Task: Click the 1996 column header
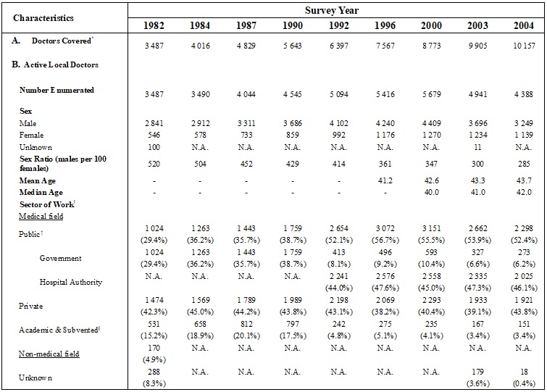click(x=385, y=25)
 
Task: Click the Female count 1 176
click(x=385, y=135)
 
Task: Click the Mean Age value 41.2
click(x=385, y=181)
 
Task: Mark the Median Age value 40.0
click(x=433, y=193)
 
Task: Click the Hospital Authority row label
click(x=71, y=282)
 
